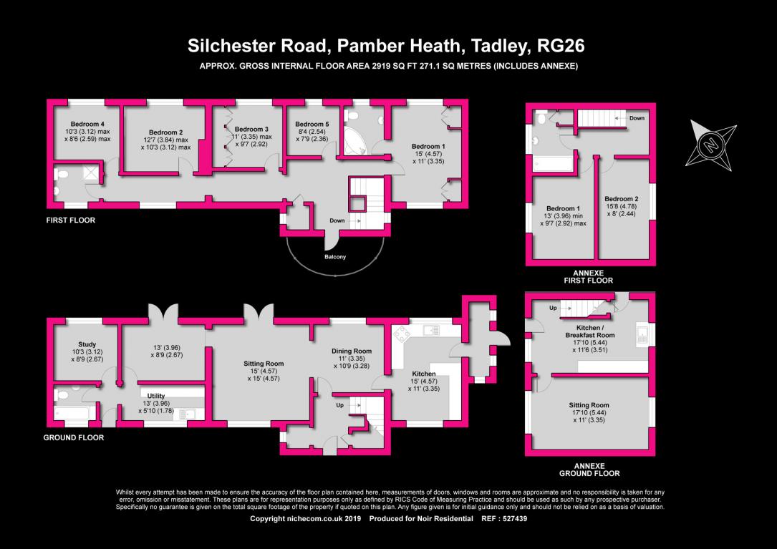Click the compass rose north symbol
click(x=711, y=145)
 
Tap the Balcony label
click(x=335, y=257)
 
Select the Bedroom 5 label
click(x=312, y=125)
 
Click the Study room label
click(x=87, y=344)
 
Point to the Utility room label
click(x=156, y=396)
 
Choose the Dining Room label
click(x=352, y=351)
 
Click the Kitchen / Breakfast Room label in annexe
click(x=589, y=331)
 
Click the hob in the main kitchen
click(x=401, y=334)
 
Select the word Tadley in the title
click(x=500, y=46)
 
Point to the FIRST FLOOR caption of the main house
click(x=70, y=220)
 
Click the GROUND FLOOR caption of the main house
click(x=73, y=437)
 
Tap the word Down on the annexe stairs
click(x=637, y=118)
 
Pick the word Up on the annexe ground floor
click(x=553, y=308)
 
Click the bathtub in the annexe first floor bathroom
click(x=553, y=164)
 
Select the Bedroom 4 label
click(x=87, y=124)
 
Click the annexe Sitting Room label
click(x=589, y=405)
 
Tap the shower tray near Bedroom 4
click(x=91, y=173)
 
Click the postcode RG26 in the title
click(x=561, y=46)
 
